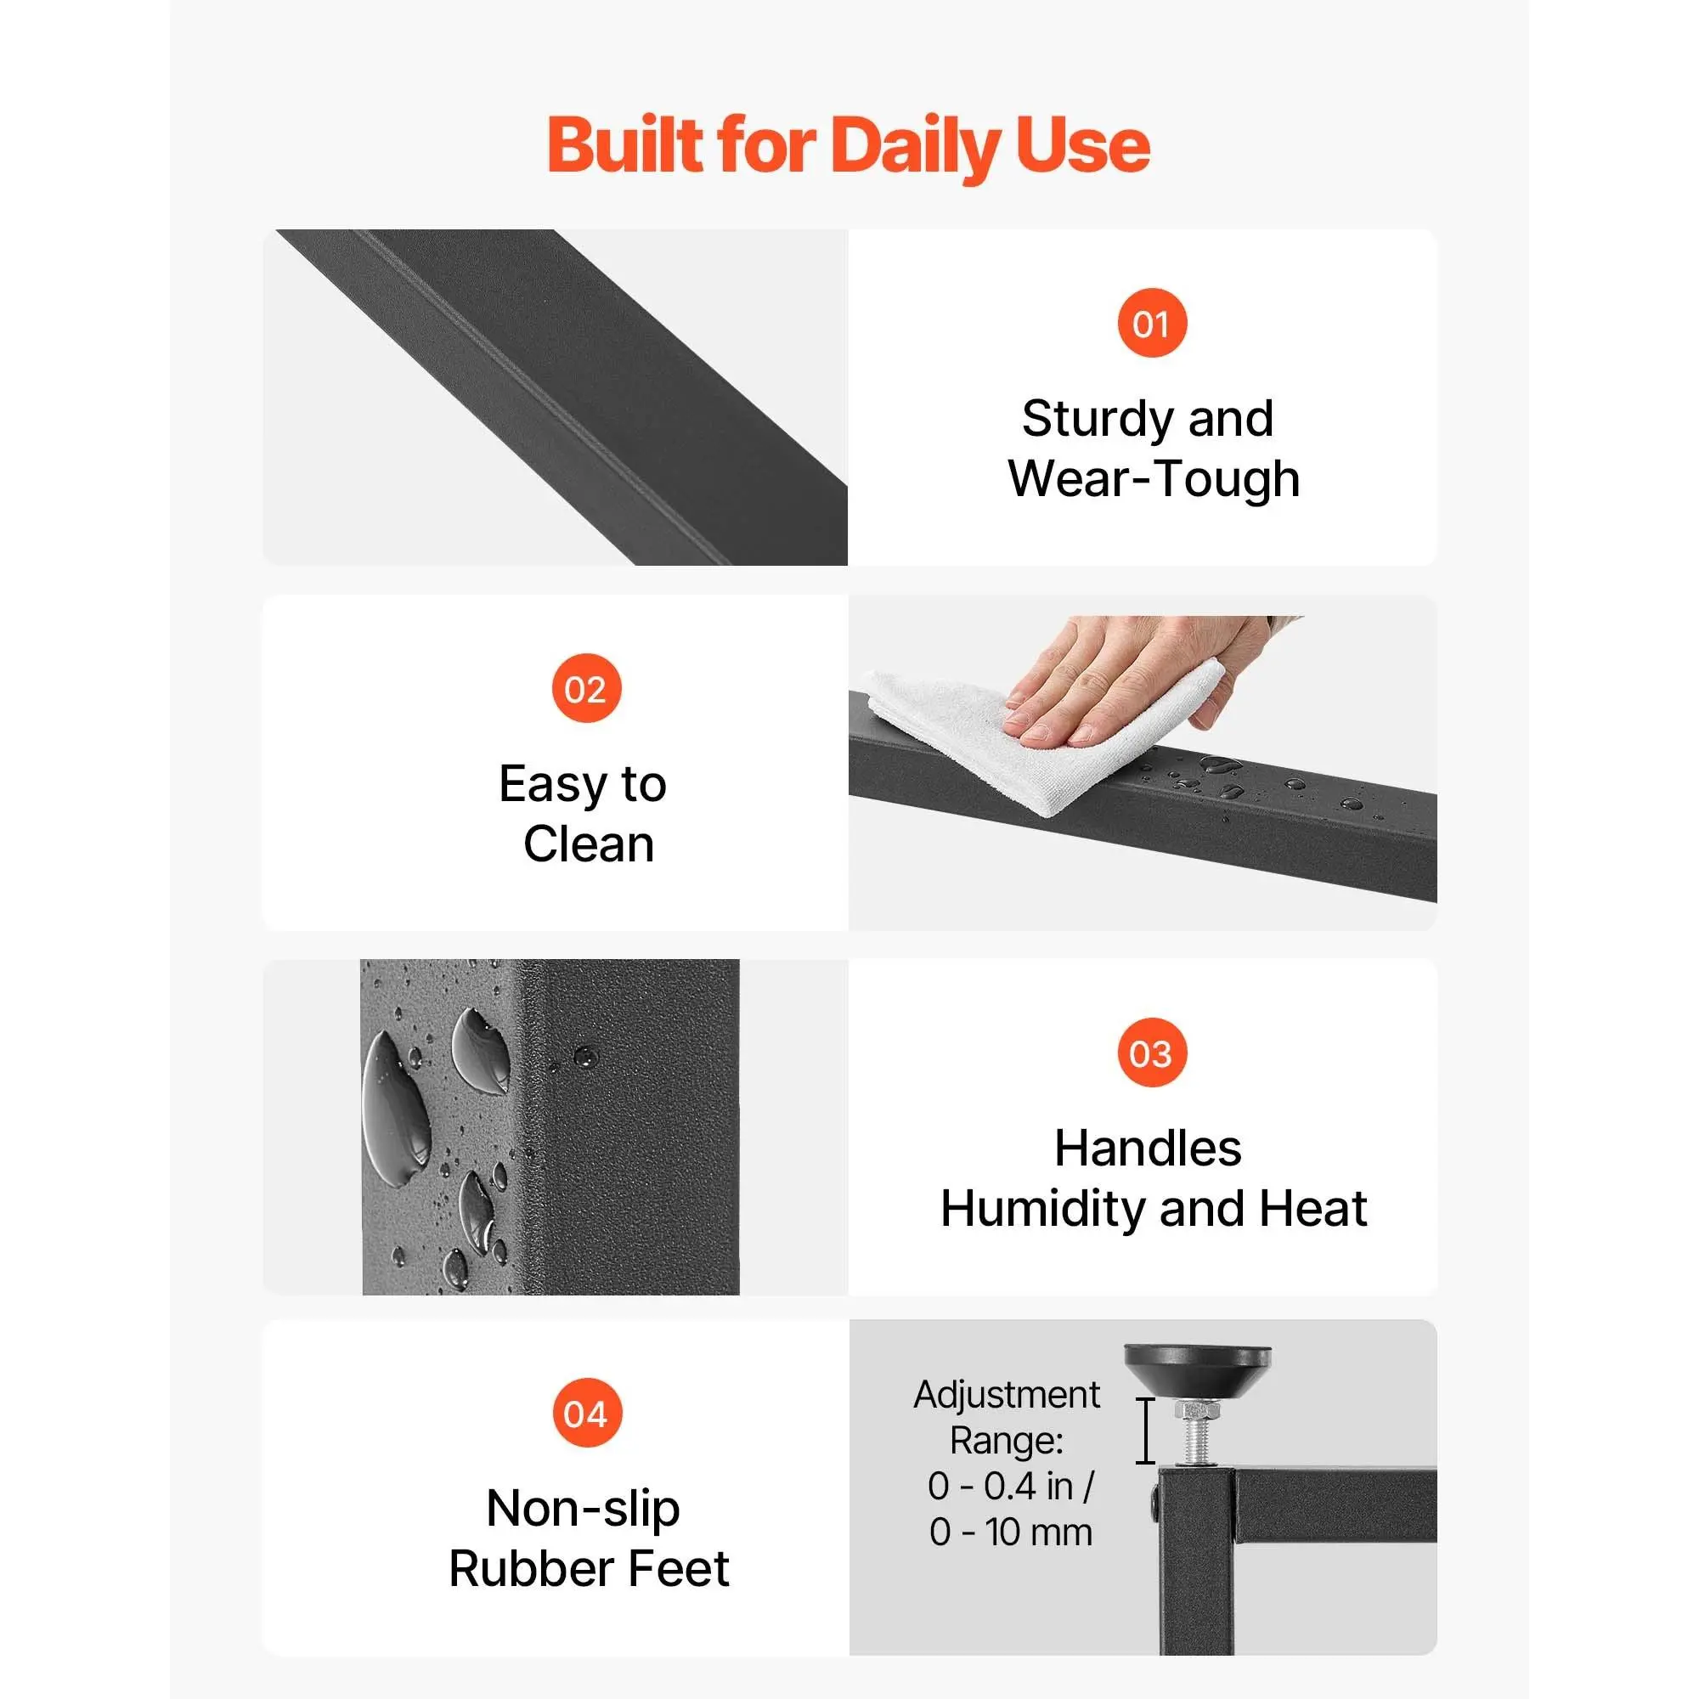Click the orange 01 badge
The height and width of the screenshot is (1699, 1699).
1152,323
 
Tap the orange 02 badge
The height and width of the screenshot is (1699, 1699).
586,688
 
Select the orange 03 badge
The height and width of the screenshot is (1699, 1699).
1152,1053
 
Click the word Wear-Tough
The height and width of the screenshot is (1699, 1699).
1154,479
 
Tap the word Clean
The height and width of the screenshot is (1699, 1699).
589,844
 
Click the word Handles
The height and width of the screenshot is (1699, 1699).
1148,1149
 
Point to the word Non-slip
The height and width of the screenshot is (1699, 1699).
583,1510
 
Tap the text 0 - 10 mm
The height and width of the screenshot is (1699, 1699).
1010,1532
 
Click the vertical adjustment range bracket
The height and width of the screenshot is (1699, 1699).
1145,1431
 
